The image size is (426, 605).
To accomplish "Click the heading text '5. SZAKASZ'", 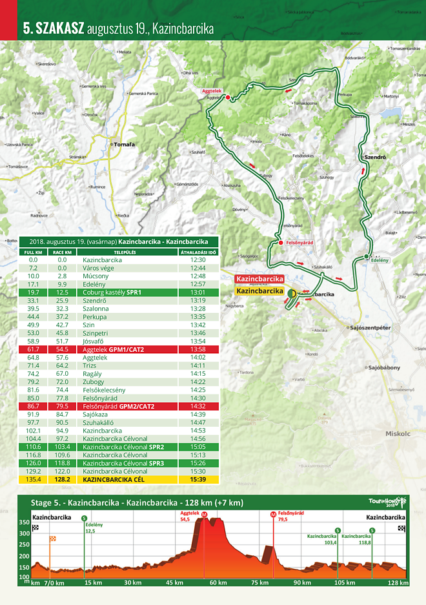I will point(53,28).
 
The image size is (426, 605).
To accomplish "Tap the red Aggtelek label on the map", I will point(211,91).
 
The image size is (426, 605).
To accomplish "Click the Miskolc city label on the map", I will point(398,434).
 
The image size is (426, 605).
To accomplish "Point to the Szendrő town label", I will point(375,157).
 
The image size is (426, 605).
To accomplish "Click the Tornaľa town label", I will point(124,145).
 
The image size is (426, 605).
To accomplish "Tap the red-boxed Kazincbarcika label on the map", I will point(260,279).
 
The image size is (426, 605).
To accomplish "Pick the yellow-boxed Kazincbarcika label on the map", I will point(260,291).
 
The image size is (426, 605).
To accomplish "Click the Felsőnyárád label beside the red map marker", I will point(299,243).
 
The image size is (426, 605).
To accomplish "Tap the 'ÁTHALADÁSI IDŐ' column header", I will point(198,252).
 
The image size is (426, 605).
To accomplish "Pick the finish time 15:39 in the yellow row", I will point(198,480).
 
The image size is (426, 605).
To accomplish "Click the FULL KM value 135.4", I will point(34,480).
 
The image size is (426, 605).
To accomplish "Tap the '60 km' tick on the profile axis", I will point(218,583).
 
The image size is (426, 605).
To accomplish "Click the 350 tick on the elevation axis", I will point(23,522).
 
